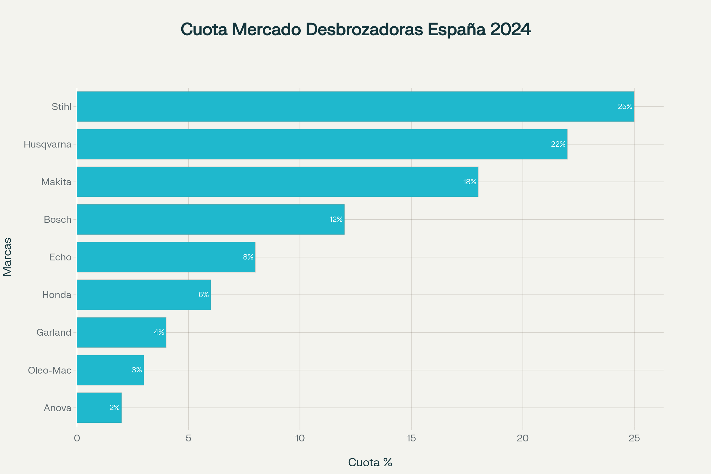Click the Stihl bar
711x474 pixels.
[x=355, y=106]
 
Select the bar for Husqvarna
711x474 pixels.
[x=322, y=144]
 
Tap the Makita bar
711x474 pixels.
[x=278, y=182]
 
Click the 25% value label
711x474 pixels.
[x=625, y=106]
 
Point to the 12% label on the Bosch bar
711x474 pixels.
[x=336, y=220]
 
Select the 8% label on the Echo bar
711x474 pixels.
[x=248, y=257]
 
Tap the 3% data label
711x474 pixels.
[x=137, y=370]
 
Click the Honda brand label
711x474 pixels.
[x=57, y=295]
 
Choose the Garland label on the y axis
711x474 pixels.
[x=54, y=332]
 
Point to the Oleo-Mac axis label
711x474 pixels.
[x=49, y=370]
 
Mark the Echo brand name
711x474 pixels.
[x=60, y=257]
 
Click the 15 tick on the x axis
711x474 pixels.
[x=411, y=438]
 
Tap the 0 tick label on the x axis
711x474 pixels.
[x=77, y=438]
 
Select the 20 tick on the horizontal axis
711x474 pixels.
[x=523, y=438]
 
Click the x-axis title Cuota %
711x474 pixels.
[x=370, y=462]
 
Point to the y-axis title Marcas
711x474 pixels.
[x=7, y=257]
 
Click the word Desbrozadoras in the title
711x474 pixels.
[x=364, y=30]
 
